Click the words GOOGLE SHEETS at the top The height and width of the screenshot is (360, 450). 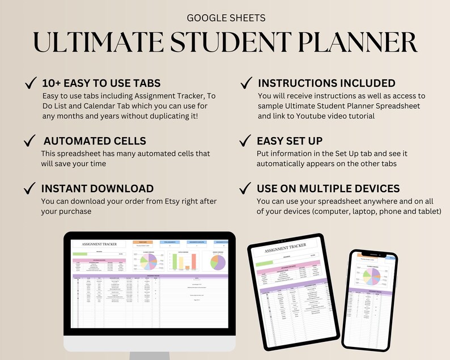click(x=225, y=18)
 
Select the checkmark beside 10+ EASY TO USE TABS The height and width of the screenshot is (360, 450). click(x=30, y=84)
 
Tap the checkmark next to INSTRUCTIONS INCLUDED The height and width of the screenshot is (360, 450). click(x=245, y=83)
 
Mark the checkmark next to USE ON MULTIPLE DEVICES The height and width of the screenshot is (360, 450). click(x=245, y=188)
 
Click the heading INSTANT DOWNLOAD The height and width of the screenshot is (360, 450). click(x=97, y=189)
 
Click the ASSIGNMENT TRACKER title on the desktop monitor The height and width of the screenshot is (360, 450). click(x=100, y=244)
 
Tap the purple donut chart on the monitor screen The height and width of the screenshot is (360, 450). click(x=218, y=262)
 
